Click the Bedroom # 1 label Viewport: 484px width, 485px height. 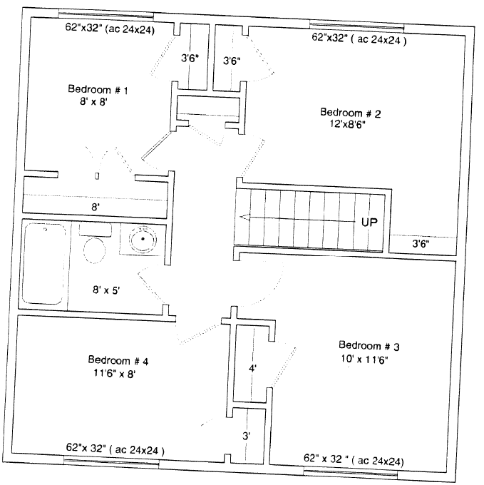(98, 89)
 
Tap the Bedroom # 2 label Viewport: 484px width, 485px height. (350, 113)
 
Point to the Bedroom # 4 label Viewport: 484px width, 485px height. (118, 360)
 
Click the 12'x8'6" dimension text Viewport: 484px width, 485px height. (348, 124)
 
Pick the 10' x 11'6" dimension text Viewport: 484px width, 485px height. (364, 359)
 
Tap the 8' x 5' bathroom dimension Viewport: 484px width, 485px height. (106, 290)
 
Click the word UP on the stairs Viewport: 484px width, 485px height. (369, 222)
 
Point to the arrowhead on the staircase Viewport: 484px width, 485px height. (244, 217)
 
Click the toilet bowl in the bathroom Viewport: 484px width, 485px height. (94, 250)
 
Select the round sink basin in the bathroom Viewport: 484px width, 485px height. (143, 239)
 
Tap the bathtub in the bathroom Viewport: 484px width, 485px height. (45, 264)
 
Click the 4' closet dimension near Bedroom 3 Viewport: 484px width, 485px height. (252, 369)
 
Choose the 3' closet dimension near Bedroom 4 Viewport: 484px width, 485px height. (246, 436)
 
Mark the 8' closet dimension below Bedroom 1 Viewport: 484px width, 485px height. (96, 207)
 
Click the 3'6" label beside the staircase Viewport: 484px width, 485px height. (421, 244)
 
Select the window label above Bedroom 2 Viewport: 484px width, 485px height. (359, 39)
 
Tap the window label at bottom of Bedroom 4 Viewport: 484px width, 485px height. (115, 449)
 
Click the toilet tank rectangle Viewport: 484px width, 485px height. (96, 230)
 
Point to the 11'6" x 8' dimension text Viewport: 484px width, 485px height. (115, 374)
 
